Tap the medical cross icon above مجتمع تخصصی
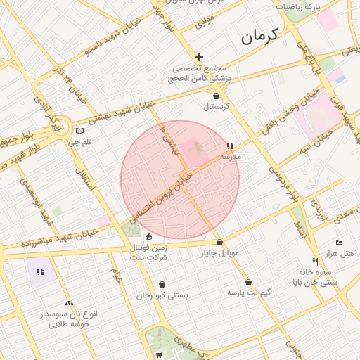[x=200, y=58]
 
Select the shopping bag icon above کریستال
[x=216, y=96]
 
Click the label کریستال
[x=217, y=107]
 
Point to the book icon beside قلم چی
[x=79, y=131]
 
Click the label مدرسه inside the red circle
[x=231, y=157]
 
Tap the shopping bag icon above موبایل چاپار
[x=219, y=242]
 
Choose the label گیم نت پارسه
[x=249, y=292]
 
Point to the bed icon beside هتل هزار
[x=339, y=242]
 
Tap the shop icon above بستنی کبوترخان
[x=162, y=285]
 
